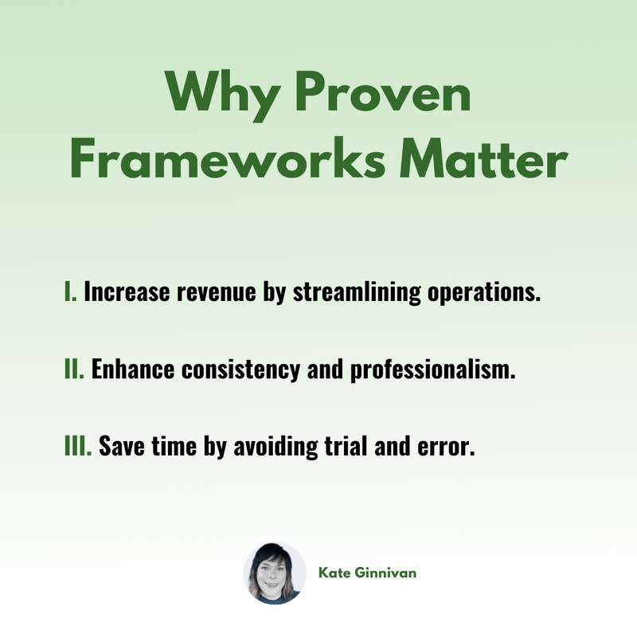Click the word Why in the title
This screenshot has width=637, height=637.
coord(223,95)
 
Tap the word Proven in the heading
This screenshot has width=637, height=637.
coord(383,92)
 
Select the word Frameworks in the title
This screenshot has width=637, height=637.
coord(228,158)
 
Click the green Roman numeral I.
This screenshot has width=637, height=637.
coord(70,291)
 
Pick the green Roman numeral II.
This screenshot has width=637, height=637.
coord(74,369)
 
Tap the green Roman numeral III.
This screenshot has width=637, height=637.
coord(78,446)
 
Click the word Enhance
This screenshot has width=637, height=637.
coord(133,369)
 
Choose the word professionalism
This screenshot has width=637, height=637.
coord(432,369)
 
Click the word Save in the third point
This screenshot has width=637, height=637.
coord(122,446)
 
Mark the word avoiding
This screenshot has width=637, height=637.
coord(276,447)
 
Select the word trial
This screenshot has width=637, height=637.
coord(345,446)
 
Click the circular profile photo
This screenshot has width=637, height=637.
coord(275,573)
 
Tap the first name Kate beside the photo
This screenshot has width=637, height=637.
coord(334,573)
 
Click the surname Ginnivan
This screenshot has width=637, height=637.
coord(385,573)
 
